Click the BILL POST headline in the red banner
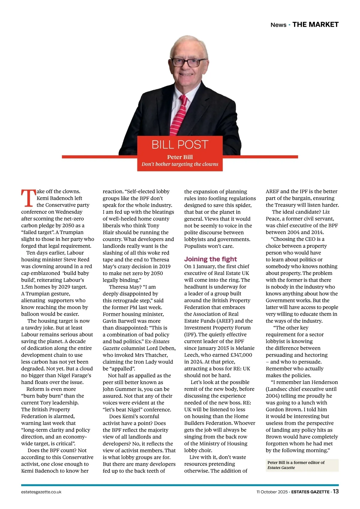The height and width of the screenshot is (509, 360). (180, 145)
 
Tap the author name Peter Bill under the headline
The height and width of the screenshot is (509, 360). (180, 157)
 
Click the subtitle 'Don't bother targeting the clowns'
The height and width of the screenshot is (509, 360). (180, 164)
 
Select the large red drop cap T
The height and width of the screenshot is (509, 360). (28, 198)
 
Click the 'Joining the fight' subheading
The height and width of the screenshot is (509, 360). (210, 259)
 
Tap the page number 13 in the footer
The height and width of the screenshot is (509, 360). (336, 491)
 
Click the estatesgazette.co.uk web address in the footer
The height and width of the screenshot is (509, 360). (41, 492)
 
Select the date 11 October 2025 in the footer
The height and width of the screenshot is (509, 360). (272, 492)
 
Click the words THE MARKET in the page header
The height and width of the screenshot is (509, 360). (315, 25)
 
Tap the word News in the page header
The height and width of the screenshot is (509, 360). (278, 25)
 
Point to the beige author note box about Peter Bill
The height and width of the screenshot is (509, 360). (302, 465)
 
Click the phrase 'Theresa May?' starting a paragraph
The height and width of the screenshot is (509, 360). (124, 287)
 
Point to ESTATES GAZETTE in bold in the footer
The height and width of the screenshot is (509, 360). (310, 492)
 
